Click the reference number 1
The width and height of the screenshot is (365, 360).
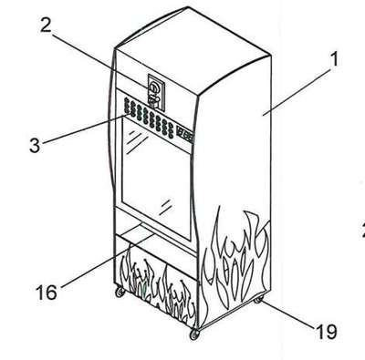(x=334, y=60)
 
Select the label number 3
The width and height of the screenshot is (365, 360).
(x=35, y=145)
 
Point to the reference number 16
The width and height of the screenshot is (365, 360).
(x=47, y=292)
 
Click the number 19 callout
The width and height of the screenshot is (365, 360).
(x=327, y=331)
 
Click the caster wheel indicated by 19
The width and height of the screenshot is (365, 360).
(x=258, y=300)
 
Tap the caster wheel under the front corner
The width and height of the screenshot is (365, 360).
(x=194, y=334)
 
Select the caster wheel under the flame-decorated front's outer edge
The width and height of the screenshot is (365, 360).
(x=120, y=293)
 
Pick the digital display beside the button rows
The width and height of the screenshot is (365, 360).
(x=184, y=135)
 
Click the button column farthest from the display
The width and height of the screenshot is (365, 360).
(x=126, y=107)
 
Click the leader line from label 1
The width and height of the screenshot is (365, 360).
(x=296, y=92)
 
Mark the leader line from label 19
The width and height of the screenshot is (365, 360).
(x=287, y=314)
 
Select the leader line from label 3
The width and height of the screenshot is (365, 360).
(x=84, y=129)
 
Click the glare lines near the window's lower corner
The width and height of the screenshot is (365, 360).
(x=165, y=207)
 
